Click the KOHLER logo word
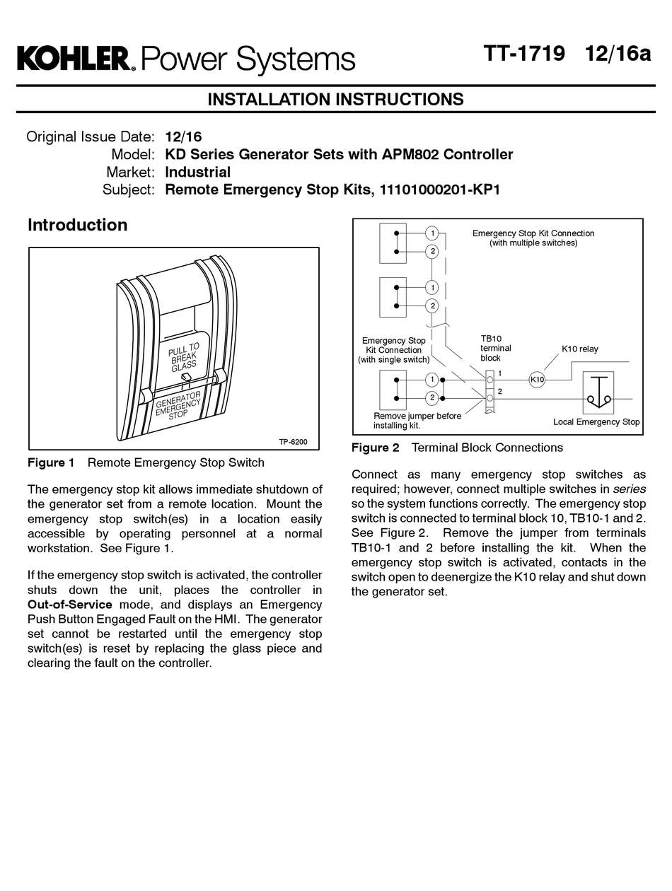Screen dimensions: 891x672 [x=73, y=59]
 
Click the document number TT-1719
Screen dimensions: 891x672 [x=524, y=54]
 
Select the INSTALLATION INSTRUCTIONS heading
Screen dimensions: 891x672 [x=335, y=100]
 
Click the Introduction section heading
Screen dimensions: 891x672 [x=77, y=225]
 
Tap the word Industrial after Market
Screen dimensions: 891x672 [x=197, y=172]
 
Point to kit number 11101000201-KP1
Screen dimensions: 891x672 [x=440, y=190]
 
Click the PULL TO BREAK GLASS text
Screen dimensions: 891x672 [x=184, y=357]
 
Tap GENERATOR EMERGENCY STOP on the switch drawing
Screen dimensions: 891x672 [x=178, y=405]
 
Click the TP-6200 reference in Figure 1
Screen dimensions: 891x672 [x=293, y=442]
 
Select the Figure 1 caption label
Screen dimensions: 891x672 [x=51, y=462]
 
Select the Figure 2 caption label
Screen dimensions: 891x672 [x=375, y=448]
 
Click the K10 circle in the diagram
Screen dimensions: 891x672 [x=537, y=380]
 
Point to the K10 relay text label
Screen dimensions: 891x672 [x=579, y=349]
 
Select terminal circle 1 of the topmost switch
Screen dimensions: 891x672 [x=431, y=233]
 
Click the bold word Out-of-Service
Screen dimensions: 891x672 [x=69, y=605]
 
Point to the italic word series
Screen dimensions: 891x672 [x=629, y=489]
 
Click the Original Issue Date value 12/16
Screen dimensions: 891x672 [x=183, y=136]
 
